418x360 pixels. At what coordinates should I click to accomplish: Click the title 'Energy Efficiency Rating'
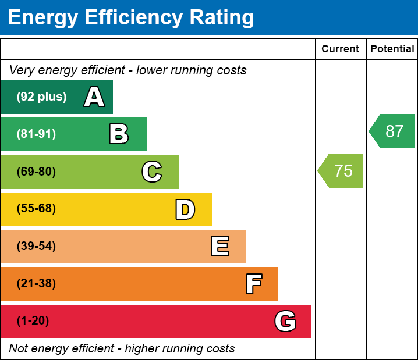131,18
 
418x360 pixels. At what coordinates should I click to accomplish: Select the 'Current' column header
340,49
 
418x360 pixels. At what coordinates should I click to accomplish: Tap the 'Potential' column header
392,49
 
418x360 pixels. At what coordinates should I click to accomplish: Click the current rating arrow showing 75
342,171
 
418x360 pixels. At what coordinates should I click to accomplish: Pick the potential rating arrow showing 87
393,131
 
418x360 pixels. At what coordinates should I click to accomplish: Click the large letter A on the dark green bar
94,97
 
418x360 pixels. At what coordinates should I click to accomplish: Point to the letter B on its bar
119,134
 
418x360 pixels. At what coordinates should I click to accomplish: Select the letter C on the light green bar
151,172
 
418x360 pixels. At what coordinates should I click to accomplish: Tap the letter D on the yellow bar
185,209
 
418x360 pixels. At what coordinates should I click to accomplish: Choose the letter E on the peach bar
219,247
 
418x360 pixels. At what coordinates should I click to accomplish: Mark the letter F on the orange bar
253,284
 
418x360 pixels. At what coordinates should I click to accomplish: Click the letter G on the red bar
285,321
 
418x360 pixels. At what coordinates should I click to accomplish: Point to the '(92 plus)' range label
41,97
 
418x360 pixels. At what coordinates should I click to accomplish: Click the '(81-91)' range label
36,134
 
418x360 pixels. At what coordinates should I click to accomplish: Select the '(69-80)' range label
36,172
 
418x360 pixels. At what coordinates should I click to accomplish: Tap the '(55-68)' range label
36,209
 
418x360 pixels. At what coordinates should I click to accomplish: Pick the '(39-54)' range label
36,247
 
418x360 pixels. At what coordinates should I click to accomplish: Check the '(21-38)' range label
36,284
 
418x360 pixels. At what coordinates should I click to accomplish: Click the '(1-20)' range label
33,321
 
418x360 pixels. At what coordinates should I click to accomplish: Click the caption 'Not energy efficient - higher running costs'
122,349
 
